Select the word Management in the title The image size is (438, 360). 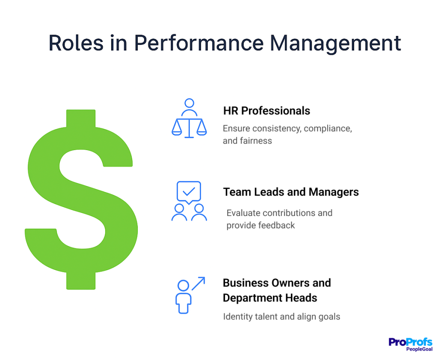click(335, 43)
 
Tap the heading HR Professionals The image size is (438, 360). click(266, 111)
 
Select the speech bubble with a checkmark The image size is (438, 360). click(189, 192)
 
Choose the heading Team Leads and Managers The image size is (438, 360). click(291, 192)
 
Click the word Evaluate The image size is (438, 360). click(243, 213)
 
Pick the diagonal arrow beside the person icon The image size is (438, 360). click(198, 283)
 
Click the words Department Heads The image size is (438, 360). click(270, 298)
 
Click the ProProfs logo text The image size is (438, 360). click(410, 342)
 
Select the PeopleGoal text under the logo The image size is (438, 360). click(419, 349)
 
